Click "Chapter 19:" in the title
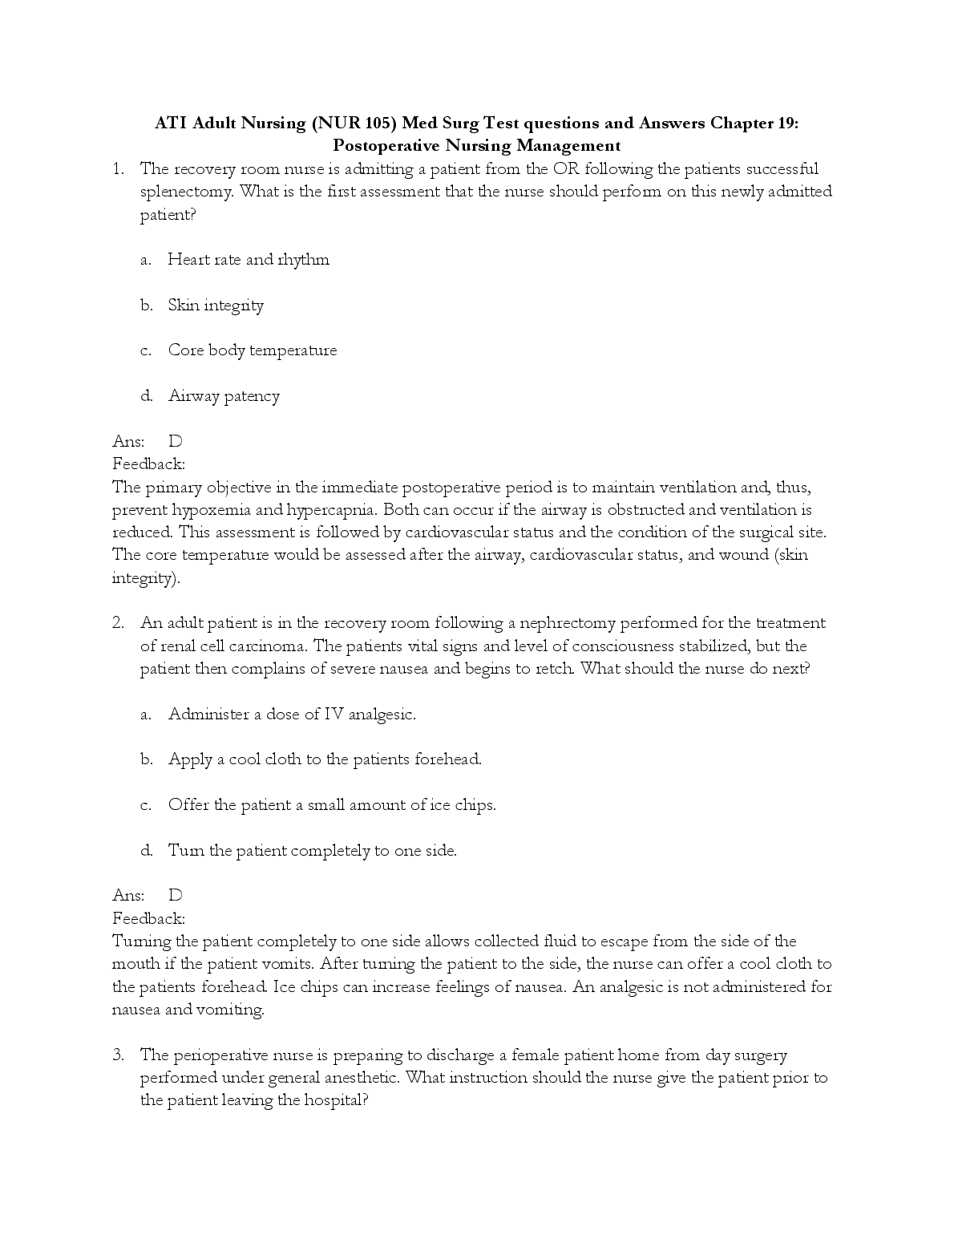tap(754, 123)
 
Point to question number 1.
tap(118, 168)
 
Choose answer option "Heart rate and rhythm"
tap(249, 260)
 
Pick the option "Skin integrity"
tap(216, 306)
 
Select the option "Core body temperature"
tap(253, 350)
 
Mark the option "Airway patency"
tap(224, 396)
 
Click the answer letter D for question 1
tap(176, 441)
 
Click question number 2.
tap(118, 623)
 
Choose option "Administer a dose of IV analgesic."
tap(292, 715)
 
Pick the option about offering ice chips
tap(332, 805)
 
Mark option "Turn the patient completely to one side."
tap(312, 851)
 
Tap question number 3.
tap(118, 1055)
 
